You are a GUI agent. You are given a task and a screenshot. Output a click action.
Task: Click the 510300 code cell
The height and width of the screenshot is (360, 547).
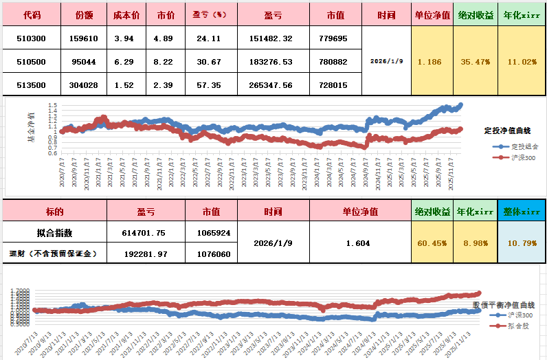(x=32, y=38)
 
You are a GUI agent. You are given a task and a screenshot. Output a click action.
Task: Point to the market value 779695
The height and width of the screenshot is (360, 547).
(x=333, y=38)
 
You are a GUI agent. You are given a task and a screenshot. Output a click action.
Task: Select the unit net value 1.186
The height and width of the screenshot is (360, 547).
(x=429, y=62)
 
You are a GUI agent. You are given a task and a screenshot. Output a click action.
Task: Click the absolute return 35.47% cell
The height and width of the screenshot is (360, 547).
(x=475, y=62)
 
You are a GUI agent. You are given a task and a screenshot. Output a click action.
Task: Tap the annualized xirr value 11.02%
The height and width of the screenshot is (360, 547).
(x=521, y=62)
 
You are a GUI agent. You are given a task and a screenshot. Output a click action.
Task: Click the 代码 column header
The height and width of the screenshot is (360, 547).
(x=32, y=14)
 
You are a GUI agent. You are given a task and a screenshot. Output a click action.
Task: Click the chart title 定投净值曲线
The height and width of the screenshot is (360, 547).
(x=507, y=130)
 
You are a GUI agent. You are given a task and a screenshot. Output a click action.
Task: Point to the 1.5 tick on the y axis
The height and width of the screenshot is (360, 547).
(x=53, y=105)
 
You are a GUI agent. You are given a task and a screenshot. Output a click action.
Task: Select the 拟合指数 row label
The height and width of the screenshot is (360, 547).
(x=54, y=232)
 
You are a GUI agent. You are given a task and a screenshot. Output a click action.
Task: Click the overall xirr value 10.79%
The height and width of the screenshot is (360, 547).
(x=522, y=243)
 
